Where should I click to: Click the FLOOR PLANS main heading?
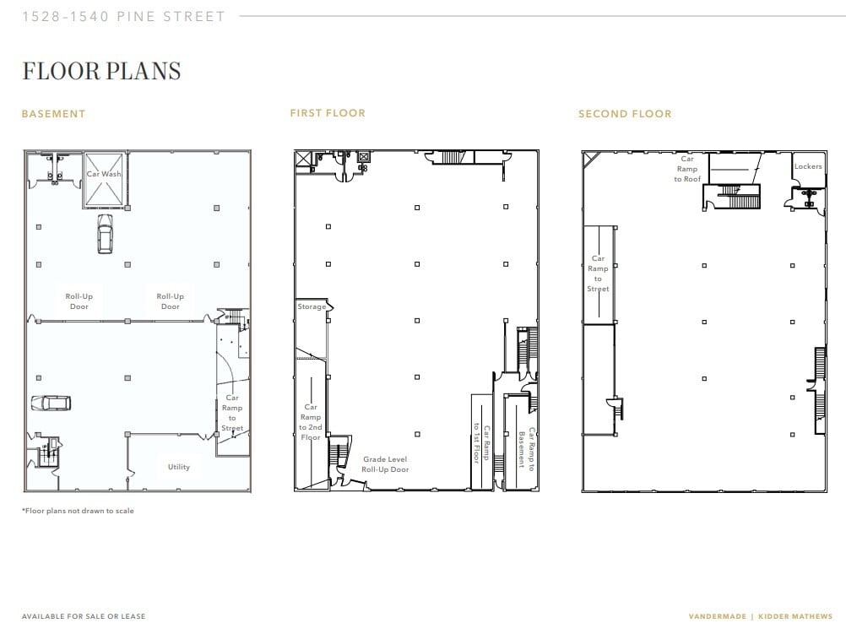coord(101,71)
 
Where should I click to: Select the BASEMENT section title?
coord(53,114)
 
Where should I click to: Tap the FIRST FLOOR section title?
coord(328,113)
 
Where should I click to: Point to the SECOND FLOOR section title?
coord(625,114)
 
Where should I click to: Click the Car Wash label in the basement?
coord(104,174)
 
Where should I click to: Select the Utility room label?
coord(178,467)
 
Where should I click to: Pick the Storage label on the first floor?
coord(311,306)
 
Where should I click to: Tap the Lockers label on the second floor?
coord(807,166)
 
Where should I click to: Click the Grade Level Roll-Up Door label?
coord(385,464)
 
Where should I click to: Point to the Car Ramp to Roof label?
coord(687,169)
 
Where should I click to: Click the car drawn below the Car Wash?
coord(105,234)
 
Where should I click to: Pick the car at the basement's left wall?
coord(51,404)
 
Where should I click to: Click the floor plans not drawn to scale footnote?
coord(78,511)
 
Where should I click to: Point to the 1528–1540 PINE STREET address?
coord(124,16)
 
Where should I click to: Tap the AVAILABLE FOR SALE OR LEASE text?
coord(84,616)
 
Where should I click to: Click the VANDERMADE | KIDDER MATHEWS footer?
coord(760,616)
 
